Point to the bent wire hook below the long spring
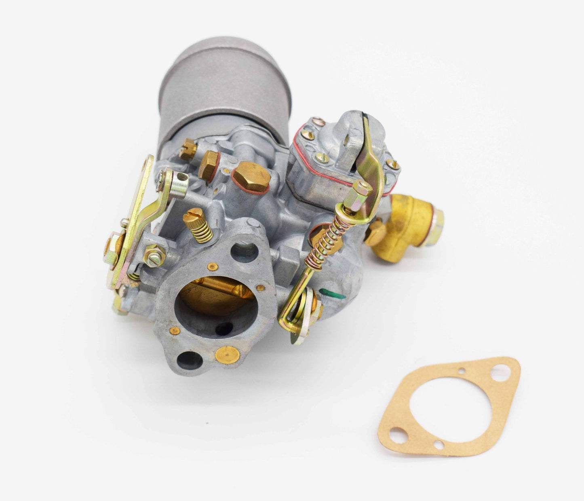point(289,315)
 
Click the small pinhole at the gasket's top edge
point(461,370)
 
